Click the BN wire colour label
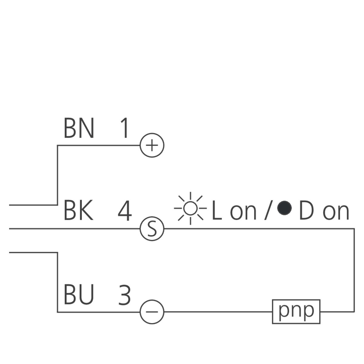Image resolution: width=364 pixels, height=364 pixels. (79, 128)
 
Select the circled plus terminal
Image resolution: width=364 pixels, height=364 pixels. (152, 145)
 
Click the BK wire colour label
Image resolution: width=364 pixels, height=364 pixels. (78, 211)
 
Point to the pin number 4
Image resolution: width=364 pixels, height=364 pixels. (125, 211)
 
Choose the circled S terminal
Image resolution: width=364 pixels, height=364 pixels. (152, 229)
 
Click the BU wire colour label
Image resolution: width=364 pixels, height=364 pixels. (79, 295)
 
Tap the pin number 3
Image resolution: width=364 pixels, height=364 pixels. (124, 295)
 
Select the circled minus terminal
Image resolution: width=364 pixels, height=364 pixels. (152, 312)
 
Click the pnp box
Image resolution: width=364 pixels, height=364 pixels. (296, 312)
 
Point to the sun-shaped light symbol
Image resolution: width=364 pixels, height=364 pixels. (190, 208)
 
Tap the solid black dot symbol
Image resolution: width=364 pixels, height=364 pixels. (285, 208)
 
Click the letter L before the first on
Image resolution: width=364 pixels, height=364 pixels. (217, 211)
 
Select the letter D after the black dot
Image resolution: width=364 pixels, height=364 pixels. (306, 211)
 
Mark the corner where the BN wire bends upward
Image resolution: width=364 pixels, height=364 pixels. (58, 205)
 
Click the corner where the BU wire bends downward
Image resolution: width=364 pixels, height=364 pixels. (58, 252)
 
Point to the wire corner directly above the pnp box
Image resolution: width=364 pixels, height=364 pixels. (354, 229)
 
